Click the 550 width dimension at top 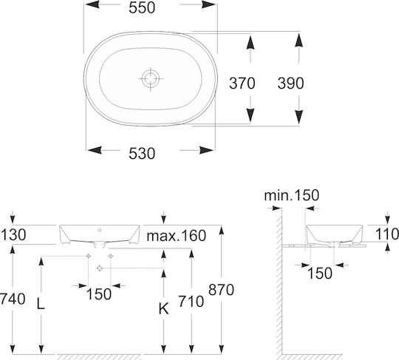[x=142, y=8]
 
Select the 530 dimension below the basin [x=142, y=154]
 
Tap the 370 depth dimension [x=242, y=84]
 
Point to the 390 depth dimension [x=290, y=84]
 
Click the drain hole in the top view [x=151, y=78]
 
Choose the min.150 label [x=292, y=195]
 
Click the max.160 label [x=177, y=236]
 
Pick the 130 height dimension [x=13, y=235]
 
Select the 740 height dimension [x=13, y=299]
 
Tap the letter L [x=41, y=304]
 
